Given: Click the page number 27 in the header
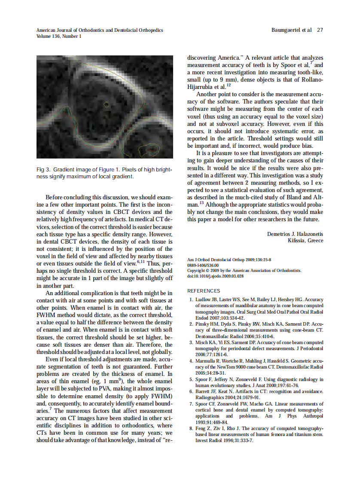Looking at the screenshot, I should (320, 31).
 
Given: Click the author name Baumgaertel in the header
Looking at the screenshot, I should (286, 31).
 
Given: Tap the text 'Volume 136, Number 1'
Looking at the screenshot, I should (59, 37).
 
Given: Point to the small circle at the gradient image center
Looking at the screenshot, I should (107, 104).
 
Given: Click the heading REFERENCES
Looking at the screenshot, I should (204, 291).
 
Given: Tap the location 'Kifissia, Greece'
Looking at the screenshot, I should (305, 241).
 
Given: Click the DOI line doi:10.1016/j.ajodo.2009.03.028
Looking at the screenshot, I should (216, 276).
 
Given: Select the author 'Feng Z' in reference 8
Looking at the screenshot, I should (202, 428).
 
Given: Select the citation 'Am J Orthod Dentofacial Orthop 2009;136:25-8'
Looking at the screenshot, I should (229, 260).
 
